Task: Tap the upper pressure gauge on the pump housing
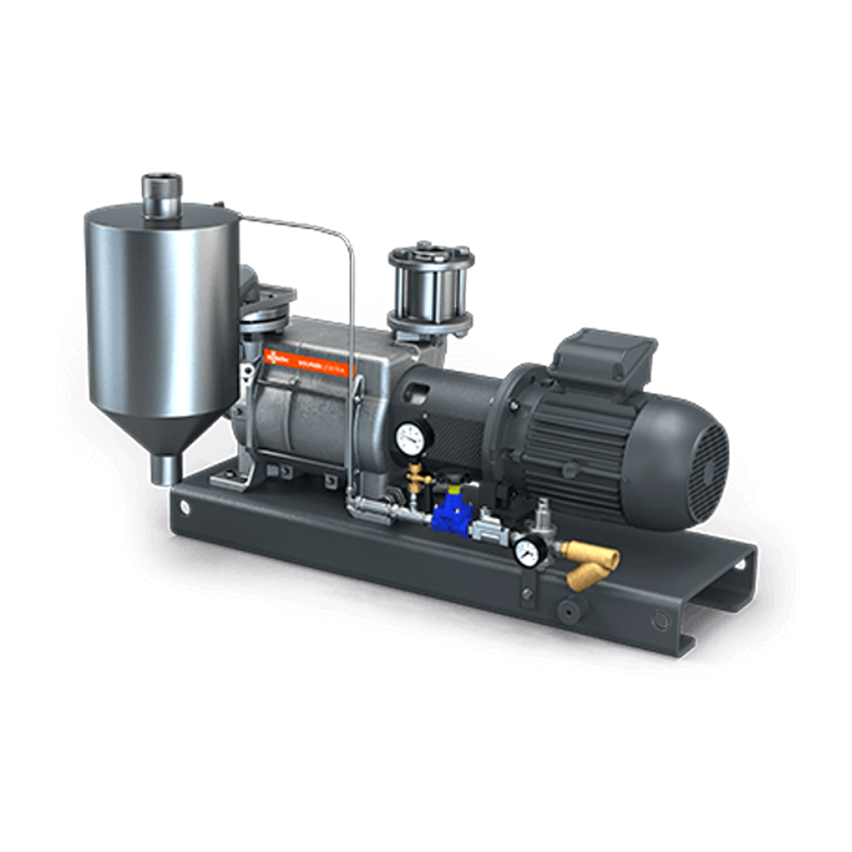[411, 439]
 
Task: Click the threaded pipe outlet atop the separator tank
[162, 195]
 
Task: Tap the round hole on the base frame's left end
[186, 507]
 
